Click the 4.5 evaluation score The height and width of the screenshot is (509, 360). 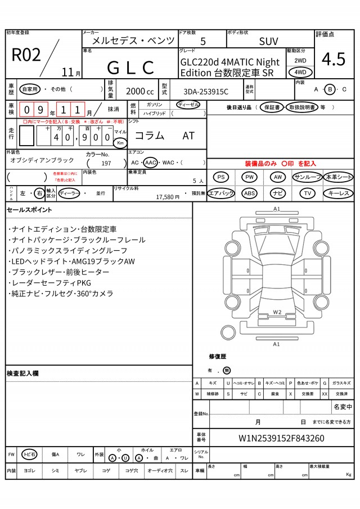tap(334, 59)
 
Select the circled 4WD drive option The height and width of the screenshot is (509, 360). tap(300, 73)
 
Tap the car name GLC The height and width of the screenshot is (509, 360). tap(130, 67)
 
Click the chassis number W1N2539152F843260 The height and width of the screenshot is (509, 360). tap(281, 438)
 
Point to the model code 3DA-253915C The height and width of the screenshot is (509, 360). tap(206, 92)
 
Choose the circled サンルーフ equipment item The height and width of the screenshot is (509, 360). tap(307, 177)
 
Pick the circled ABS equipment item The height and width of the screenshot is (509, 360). tap(249, 193)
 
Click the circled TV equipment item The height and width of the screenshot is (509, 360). tap(307, 193)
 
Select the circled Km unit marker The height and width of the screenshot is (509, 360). tap(120, 143)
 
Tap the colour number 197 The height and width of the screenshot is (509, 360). tap(106, 163)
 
